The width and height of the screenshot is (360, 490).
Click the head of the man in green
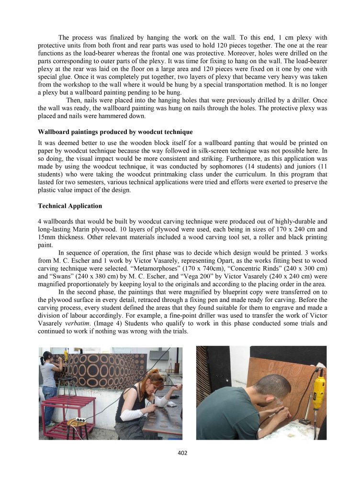click(x=271, y=386)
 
